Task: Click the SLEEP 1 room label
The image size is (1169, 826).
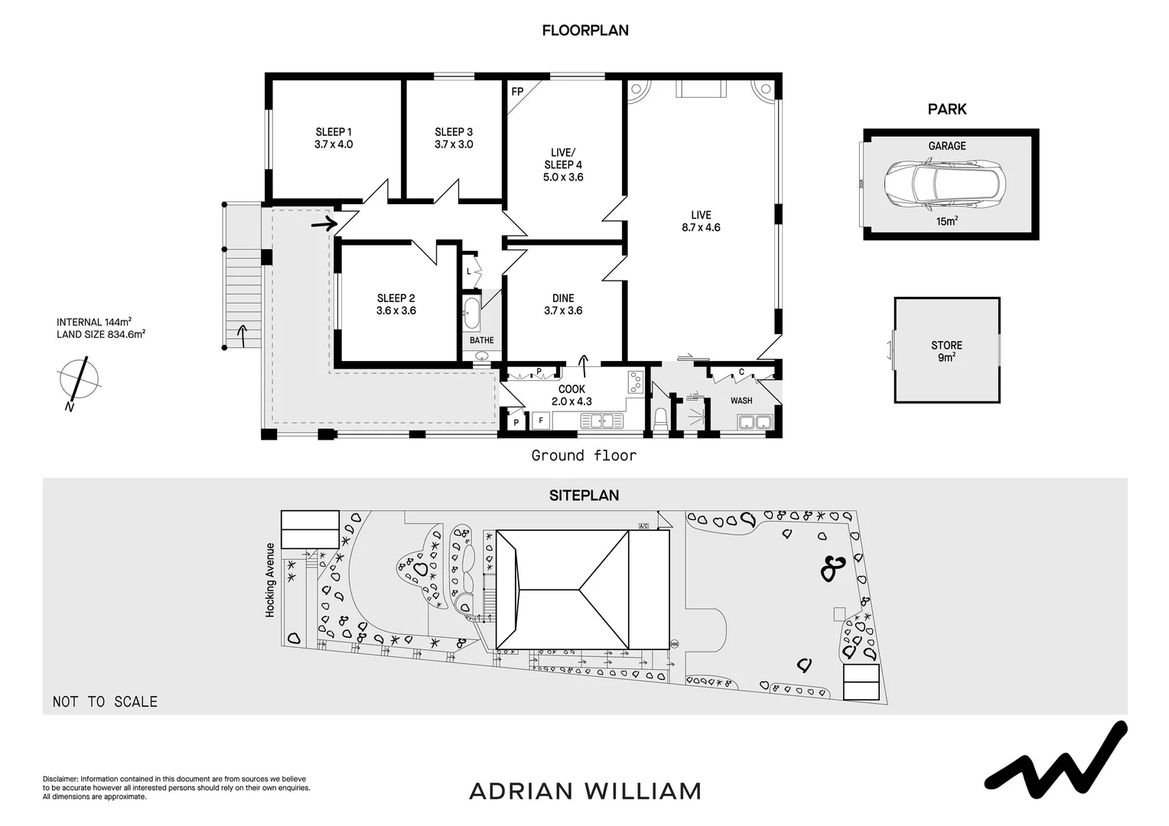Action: (x=334, y=138)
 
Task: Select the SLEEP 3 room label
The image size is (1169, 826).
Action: (x=454, y=138)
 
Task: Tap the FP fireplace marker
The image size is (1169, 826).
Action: (x=517, y=92)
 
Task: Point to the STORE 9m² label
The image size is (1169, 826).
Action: (x=946, y=351)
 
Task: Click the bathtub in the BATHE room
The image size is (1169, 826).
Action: (x=472, y=312)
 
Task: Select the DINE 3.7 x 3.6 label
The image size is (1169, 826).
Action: (x=563, y=304)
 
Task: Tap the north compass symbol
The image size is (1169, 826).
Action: (x=78, y=381)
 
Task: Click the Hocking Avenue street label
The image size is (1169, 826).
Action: (x=270, y=580)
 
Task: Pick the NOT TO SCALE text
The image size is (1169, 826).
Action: (x=105, y=701)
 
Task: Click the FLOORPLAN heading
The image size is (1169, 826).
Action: (x=584, y=31)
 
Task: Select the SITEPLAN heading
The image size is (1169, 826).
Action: (x=584, y=496)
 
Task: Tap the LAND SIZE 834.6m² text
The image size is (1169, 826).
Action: (x=101, y=334)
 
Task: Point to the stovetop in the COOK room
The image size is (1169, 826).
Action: (x=635, y=381)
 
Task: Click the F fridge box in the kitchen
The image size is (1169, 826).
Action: (x=540, y=421)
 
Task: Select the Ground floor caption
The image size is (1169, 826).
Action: (x=584, y=456)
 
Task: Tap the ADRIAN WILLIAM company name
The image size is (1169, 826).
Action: (x=584, y=791)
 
